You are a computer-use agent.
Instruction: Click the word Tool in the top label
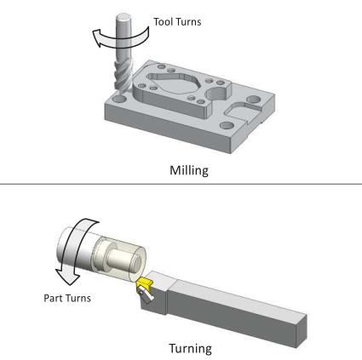[164, 22]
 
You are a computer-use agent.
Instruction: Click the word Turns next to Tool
[188, 22]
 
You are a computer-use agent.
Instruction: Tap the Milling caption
[189, 170]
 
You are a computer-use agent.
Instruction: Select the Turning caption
[190, 348]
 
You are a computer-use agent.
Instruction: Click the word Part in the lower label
[54, 298]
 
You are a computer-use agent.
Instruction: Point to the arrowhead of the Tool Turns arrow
[98, 38]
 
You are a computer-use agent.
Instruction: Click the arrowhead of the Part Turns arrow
[67, 277]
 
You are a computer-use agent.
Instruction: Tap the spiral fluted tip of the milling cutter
[123, 77]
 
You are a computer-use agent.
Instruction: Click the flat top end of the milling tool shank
[124, 17]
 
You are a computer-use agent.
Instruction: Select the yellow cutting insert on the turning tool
[144, 283]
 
